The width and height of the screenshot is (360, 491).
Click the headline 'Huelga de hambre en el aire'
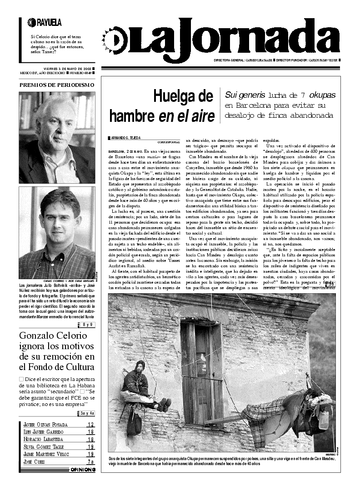162,105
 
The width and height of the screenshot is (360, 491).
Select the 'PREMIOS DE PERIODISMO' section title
57,85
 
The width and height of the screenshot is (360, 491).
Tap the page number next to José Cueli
91,461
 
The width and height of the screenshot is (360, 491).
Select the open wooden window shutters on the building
202,364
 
